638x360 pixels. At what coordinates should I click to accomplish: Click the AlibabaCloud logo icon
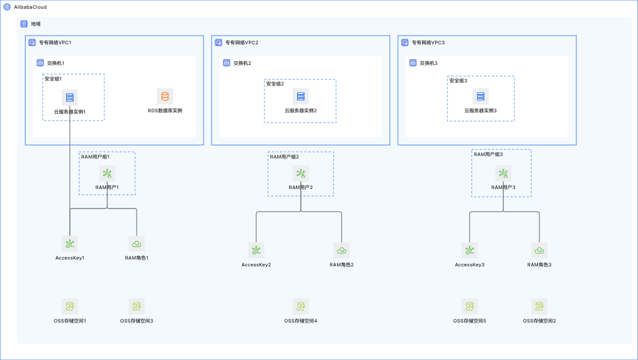pyautogui.click(x=7, y=7)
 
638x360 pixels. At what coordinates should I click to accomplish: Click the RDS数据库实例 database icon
pyautogui.click(x=165, y=97)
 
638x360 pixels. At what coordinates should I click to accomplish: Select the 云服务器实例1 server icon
pyautogui.click(x=69, y=97)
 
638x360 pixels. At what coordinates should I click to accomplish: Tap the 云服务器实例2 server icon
pyautogui.click(x=301, y=97)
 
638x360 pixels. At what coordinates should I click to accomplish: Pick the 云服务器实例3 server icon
pyautogui.click(x=481, y=97)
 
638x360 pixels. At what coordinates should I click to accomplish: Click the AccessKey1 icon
pyautogui.click(x=69, y=244)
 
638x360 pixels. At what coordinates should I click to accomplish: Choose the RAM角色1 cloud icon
pyautogui.click(x=136, y=244)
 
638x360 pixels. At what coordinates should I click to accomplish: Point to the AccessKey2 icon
pyautogui.click(x=256, y=251)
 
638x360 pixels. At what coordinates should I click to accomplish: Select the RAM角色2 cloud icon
pyautogui.click(x=341, y=251)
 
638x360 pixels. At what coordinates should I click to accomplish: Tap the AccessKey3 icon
pyautogui.click(x=469, y=251)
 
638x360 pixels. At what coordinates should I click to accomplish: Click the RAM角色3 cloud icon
pyautogui.click(x=539, y=251)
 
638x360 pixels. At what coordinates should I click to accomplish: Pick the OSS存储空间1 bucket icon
pyautogui.click(x=69, y=307)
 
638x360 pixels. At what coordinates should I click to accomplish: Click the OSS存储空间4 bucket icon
pyautogui.click(x=301, y=307)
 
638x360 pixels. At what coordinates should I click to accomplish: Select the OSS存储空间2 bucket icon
pyautogui.click(x=539, y=307)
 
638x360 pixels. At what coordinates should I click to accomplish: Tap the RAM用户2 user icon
pyautogui.click(x=301, y=173)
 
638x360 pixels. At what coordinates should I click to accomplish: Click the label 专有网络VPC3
pyautogui.click(x=428, y=42)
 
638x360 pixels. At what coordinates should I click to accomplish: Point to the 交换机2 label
pyautogui.click(x=242, y=63)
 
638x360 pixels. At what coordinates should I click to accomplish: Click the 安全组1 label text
pyautogui.click(x=53, y=79)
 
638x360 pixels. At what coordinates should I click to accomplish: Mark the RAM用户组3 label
pyautogui.click(x=488, y=155)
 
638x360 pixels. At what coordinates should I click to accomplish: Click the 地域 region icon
pyautogui.click(x=24, y=24)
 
